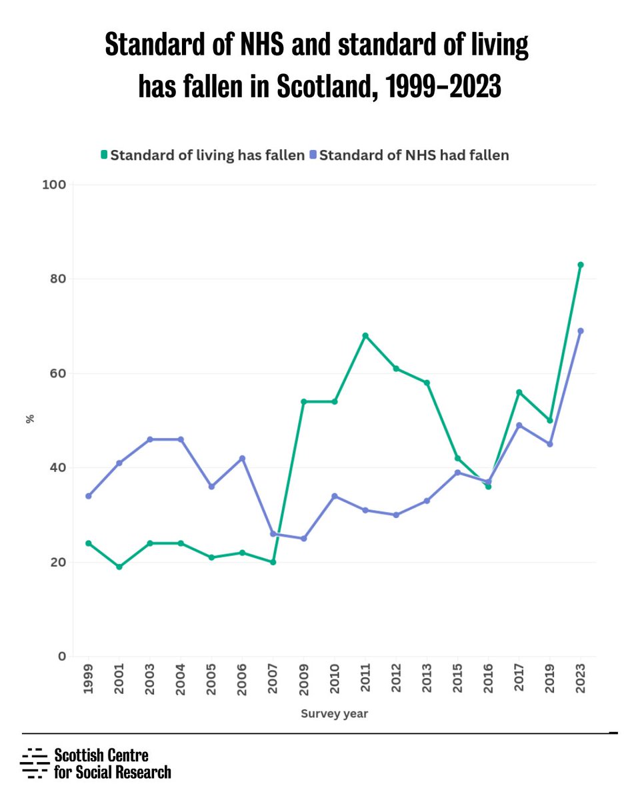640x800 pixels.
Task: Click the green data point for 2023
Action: click(x=580, y=265)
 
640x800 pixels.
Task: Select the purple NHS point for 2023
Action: click(x=580, y=331)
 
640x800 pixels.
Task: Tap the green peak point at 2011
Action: click(x=365, y=335)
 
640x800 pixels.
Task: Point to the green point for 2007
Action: click(x=273, y=562)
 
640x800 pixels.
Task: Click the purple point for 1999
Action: click(x=88, y=496)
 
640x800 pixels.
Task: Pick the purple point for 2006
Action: click(x=242, y=458)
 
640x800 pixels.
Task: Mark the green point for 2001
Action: click(x=119, y=567)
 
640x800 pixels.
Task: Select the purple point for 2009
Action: click(x=303, y=538)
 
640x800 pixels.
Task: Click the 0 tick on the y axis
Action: click(x=61, y=656)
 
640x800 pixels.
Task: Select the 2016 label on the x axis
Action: click(x=488, y=680)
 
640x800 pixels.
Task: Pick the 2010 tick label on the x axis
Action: click(x=335, y=680)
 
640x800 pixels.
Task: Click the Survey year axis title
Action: click(x=334, y=713)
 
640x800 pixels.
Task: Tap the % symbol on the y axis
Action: click(x=29, y=419)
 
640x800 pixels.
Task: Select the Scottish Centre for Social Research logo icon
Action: click(x=35, y=763)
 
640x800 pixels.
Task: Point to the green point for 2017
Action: click(x=519, y=392)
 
